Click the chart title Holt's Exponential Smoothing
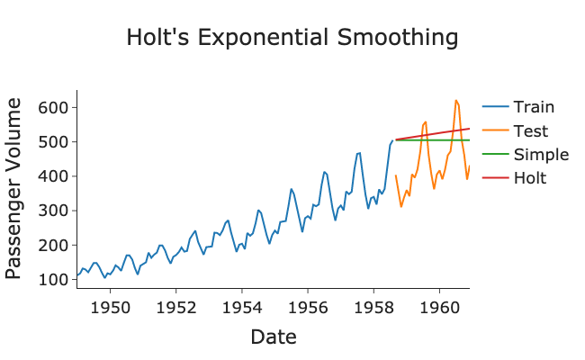(x=292, y=38)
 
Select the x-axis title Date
(x=273, y=337)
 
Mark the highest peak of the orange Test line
(x=456, y=101)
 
